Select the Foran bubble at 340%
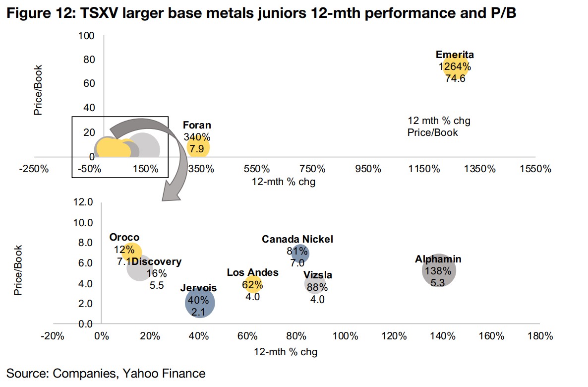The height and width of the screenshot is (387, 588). [198, 147]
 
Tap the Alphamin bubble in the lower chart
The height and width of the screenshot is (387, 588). [439, 270]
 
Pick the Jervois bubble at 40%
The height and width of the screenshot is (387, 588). [200, 303]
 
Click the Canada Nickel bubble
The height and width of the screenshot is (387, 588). [300, 253]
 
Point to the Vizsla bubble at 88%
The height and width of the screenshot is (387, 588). [316, 284]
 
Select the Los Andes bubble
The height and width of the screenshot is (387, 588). [252, 285]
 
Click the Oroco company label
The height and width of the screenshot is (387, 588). [124, 238]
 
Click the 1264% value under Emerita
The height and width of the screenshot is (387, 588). [455, 66]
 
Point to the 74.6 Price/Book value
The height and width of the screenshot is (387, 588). [455, 78]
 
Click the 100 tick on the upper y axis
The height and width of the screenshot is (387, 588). [87, 36]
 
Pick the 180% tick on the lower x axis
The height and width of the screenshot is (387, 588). [540, 336]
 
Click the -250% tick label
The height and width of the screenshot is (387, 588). [34, 169]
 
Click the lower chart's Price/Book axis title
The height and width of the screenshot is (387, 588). [18, 270]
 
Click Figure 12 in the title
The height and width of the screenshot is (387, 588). [37, 14]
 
